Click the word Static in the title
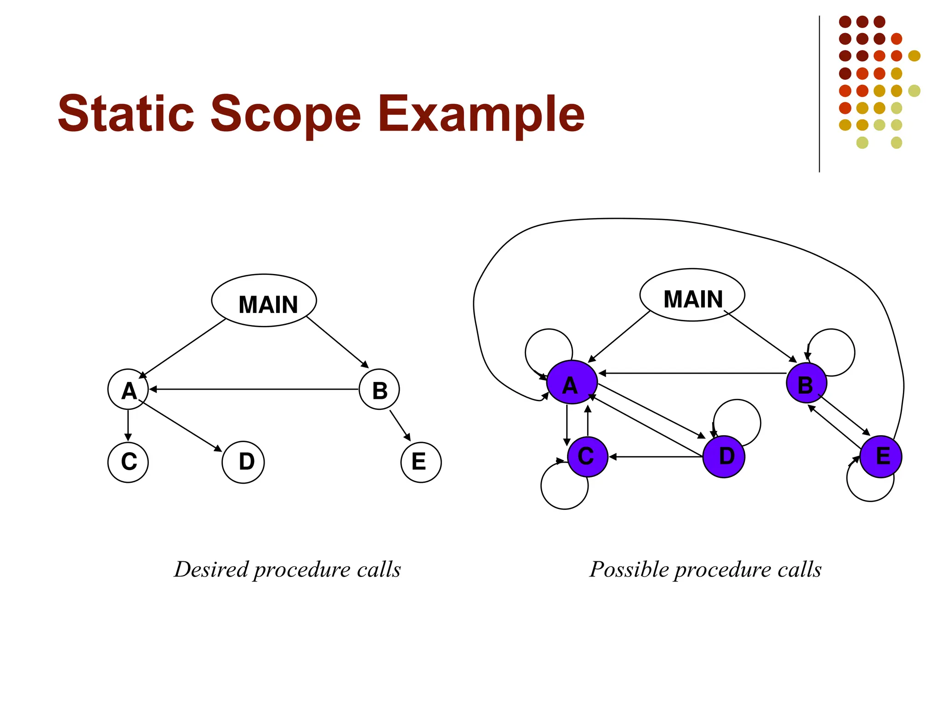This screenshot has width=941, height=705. pos(125,113)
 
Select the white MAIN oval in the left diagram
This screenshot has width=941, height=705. pos(264,301)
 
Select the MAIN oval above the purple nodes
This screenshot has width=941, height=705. pos(692,295)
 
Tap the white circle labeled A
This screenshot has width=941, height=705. pos(128,389)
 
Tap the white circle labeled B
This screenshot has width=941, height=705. pos(379,389)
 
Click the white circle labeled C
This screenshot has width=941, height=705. pos(128,462)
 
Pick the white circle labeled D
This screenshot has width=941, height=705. pos(243,462)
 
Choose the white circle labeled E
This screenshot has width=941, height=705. pos(421,462)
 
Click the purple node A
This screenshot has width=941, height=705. pos(572,382)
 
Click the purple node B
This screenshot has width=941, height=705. pos(806,383)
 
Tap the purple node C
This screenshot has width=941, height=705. pos(588,457)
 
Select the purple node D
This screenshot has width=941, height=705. pos(724,457)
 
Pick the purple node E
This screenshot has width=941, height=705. pos(880,457)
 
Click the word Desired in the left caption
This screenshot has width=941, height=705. pos(211,570)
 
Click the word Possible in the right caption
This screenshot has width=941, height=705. pos(629,570)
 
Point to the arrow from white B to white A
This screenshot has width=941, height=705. pos(253,389)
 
